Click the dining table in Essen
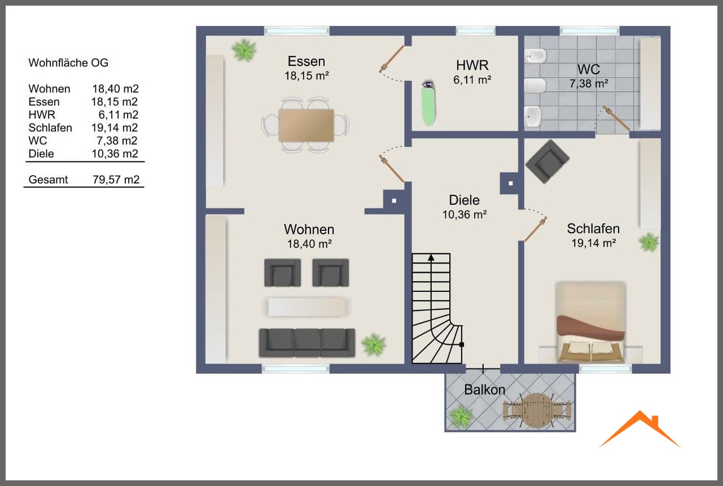point(306,125)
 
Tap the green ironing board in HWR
point(428,104)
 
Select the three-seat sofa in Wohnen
point(307,343)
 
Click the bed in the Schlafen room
point(591,322)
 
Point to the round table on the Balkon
point(536,410)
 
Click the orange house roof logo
point(639,428)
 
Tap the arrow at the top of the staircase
point(431,258)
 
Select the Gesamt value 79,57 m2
point(116,179)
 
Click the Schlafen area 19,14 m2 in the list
point(115,128)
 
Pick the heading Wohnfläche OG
point(68,63)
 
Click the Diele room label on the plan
point(464,200)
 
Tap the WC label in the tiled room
point(589,69)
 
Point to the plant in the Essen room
point(244,50)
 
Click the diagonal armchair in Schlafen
point(547,161)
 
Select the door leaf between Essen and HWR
point(392,59)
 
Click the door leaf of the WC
point(616,118)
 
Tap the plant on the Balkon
point(461,417)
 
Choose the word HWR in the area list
point(42,115)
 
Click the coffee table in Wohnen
point(306,307)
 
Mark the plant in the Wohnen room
point(374,344)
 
